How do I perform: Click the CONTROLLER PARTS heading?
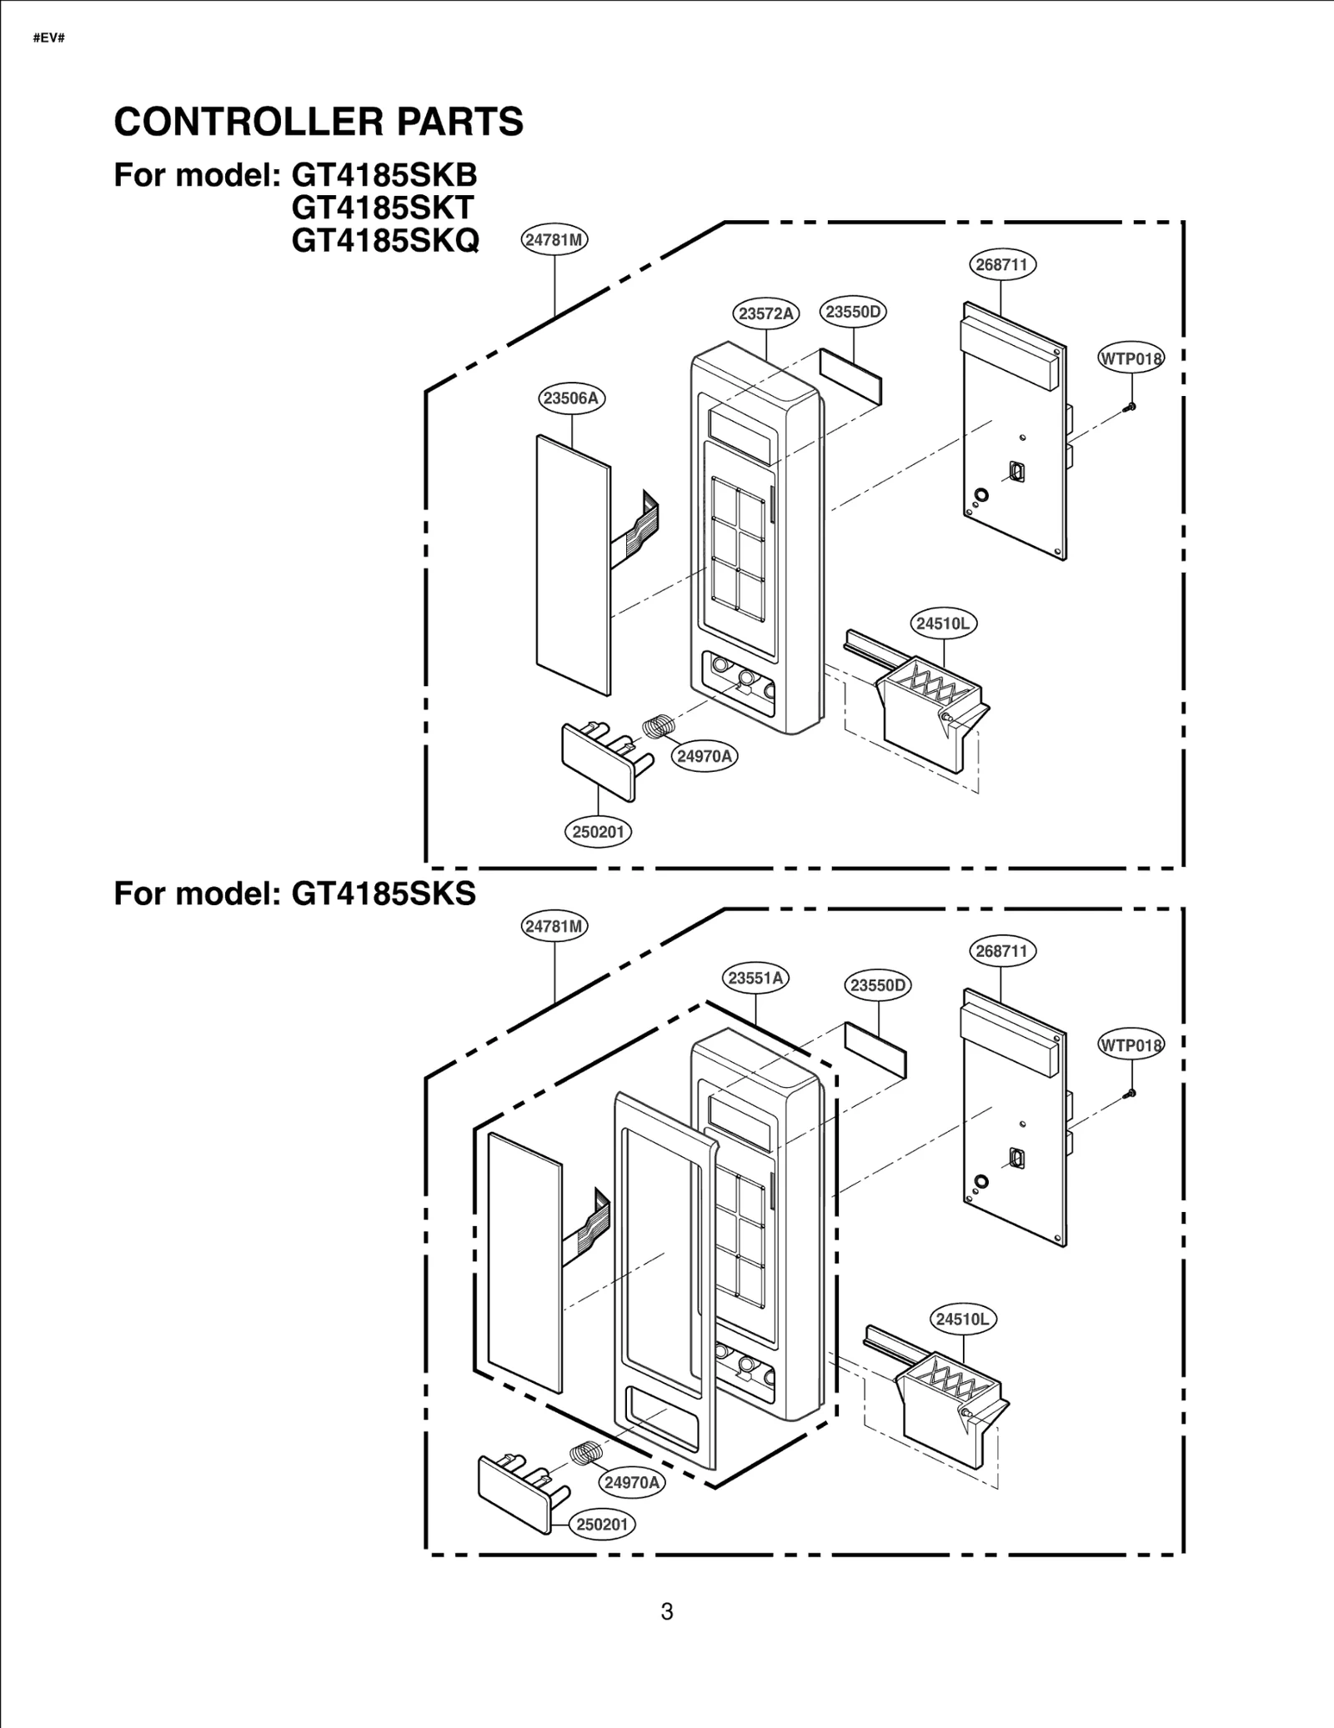[x=318, y=122]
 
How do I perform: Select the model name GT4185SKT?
[x=383, y=208]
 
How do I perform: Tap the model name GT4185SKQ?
[x=385, y=241]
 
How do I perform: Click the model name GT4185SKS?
[x=384, y=894]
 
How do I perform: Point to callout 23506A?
[x=571, y=398]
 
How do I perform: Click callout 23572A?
[x=765, y=314]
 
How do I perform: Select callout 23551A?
[x=755, y=978]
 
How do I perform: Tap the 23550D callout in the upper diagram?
[x=853, y=312]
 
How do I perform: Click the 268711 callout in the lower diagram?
[x=1001, y=951]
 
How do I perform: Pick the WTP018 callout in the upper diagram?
[x=1131, y=359]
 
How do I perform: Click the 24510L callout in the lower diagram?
[x=962, y=1319]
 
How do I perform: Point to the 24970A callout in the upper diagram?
[x=705, y=756]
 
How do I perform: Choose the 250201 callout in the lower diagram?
[x=602, y=1525]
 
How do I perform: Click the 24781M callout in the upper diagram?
[x=554, y=240]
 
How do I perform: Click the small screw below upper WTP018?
[x=1131, y=407]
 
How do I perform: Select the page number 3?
[x=667, y=1612]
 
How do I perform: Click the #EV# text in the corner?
[x=49, y=39]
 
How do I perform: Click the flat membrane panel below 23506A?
[x=573, y=567]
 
